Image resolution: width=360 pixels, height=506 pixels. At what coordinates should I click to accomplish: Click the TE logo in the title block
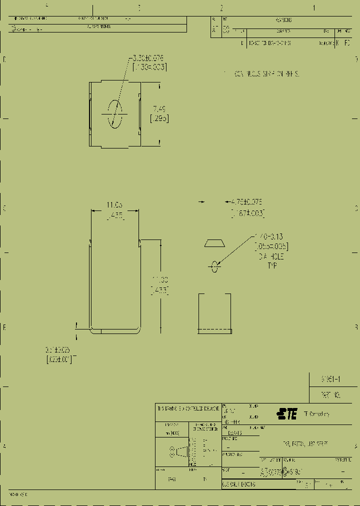pyautogui.click(x=287, y=413)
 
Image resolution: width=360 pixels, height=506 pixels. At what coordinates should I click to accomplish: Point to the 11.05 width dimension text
pyautogui.click(x=114, y=204)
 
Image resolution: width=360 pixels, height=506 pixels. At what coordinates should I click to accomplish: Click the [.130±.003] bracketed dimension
pyautogui.click(x=148, y=67)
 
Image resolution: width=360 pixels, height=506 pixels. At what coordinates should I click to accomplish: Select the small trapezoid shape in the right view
pyautogui.click(x=214, y=243)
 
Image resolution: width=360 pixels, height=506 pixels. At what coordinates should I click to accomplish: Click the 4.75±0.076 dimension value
pyautogui.click(x=245, y=202)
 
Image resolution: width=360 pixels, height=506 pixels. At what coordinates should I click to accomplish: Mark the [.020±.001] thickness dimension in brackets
pyautogui.click(x=59, y=359)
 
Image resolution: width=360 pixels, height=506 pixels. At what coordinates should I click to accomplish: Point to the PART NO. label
pyautogui.click(x=331, y=394)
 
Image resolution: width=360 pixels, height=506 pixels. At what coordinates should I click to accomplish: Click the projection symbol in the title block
pyautogui.click(x=179, y=451)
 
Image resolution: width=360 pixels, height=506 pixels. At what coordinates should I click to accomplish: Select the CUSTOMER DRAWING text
pyautogui.click(x=239, y=484)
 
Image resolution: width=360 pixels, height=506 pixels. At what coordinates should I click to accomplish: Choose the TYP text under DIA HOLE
pyautogui.click(x=270, y=265)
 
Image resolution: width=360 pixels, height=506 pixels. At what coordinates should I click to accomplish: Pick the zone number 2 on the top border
pyautogui.click(x=221, y=7)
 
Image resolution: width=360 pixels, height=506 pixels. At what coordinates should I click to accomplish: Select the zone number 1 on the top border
pyautogui.click(x=314, y=7)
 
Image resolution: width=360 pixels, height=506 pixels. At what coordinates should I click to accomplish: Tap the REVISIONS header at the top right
pyautogui.click(x=283, y=20)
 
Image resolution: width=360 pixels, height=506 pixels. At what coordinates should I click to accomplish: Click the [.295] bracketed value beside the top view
pyautogui.click(x=159, y=118)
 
